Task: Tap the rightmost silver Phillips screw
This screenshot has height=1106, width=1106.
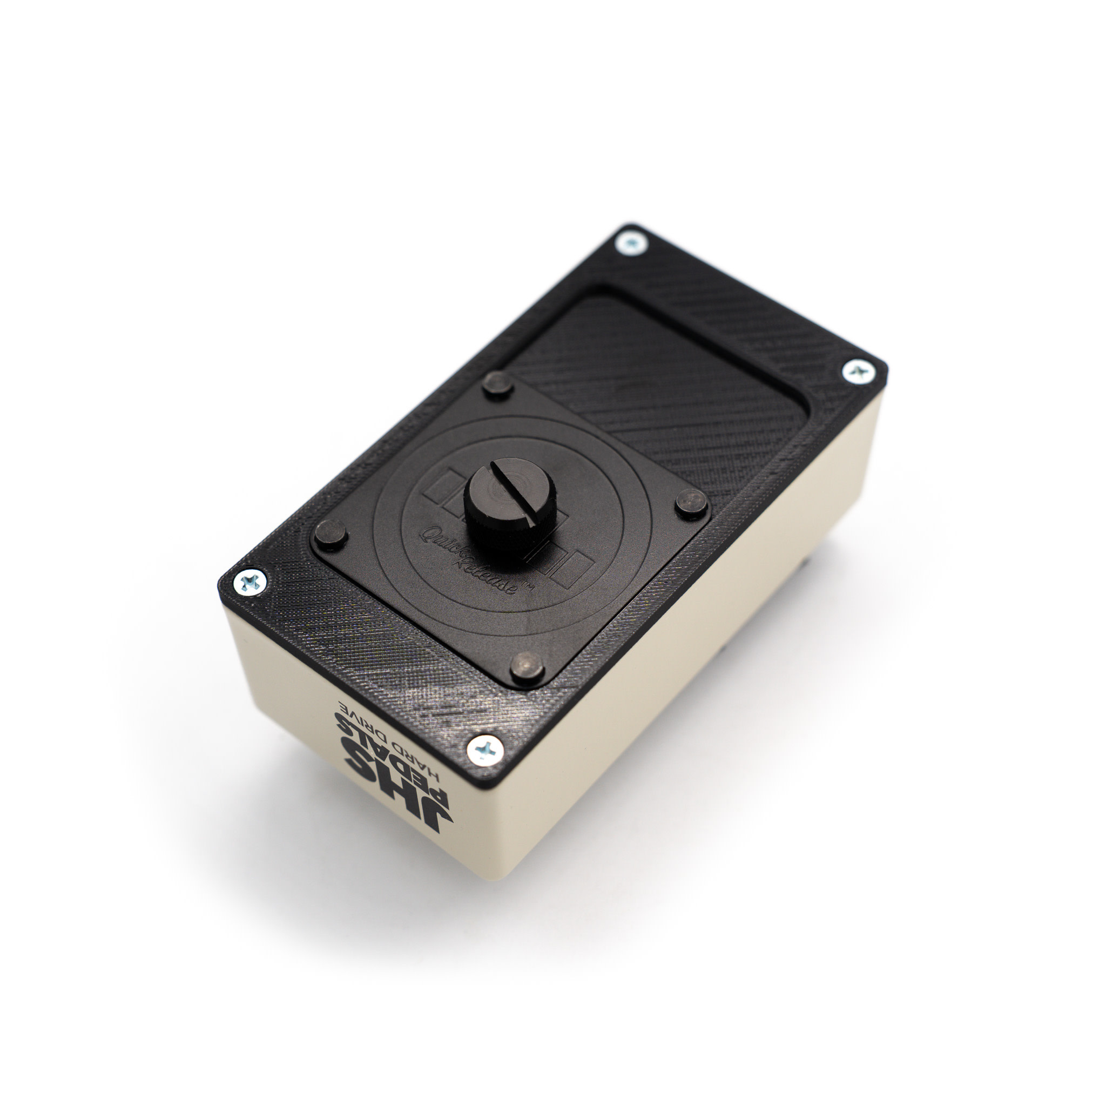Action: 858,372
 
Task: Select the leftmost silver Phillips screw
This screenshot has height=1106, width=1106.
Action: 250,583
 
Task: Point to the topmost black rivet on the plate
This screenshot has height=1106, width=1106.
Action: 497,382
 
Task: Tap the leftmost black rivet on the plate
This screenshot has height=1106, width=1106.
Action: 331,534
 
